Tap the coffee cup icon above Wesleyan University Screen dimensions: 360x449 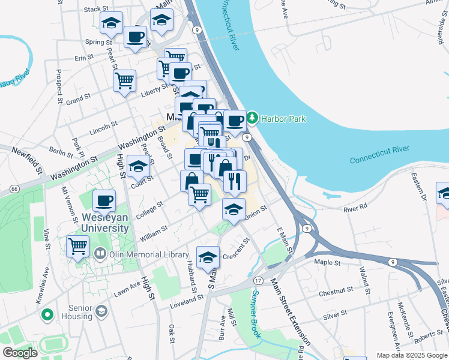[104, 200]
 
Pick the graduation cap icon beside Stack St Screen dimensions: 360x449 [111, 23]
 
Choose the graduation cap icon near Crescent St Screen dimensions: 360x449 [208, 257]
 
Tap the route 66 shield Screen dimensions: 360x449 [14, 188]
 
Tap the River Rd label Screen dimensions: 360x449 [355, 208]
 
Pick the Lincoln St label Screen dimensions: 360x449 [103, 128]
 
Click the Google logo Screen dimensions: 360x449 [20, 352]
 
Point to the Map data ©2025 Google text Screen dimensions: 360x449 [412, 355]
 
